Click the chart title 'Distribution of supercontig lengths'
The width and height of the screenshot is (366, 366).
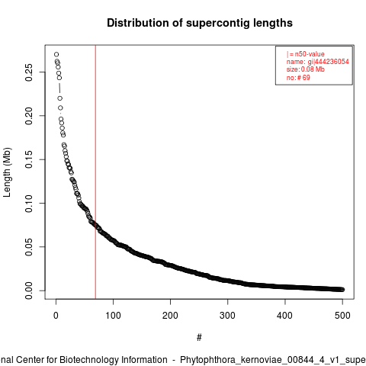pos(200,23)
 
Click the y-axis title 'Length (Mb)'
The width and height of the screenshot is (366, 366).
pos(8,172)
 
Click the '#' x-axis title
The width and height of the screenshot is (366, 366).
pos(199,338)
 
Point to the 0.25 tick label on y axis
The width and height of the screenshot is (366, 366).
pos(29,72)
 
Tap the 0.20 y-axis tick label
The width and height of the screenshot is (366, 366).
pos(29,116)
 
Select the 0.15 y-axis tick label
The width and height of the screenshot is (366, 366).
pos(29,159)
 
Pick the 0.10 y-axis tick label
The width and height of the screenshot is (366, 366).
pos(29,204)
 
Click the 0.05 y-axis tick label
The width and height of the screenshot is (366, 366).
pos(29,247)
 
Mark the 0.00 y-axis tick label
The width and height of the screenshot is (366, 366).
pos(29,291)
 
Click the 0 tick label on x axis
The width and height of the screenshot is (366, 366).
pos(56,316)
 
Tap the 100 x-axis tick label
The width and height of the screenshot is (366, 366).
pos(113,316)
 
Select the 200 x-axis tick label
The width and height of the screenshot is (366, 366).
pos(170,316)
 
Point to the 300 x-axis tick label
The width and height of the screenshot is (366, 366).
pos(227,316)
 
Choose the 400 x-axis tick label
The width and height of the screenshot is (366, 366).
pos(285,316)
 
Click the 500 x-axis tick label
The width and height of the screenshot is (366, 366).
pos(342,316)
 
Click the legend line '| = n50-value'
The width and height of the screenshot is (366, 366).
pos(306,54)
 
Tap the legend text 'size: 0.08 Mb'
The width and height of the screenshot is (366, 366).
pos(306,69)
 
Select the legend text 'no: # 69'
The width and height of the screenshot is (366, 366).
pos(298,78)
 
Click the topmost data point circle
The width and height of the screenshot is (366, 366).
pos(56,54)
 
